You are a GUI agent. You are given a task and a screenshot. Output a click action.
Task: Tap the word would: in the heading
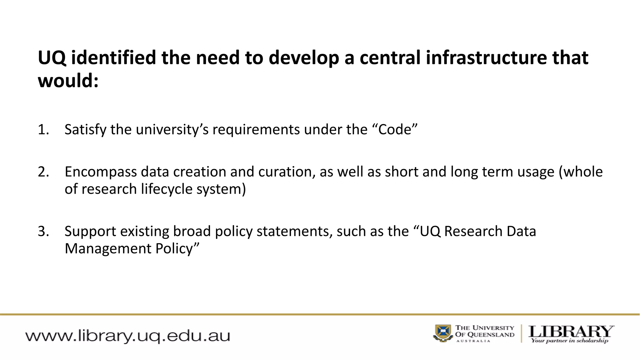point(68,81)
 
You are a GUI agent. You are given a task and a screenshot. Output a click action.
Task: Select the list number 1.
point(43,130)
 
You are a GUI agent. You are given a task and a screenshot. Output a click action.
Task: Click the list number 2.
point(43,172)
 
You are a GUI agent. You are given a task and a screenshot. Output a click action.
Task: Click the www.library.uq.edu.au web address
point(127,336)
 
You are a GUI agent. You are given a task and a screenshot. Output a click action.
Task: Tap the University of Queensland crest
point(442,333)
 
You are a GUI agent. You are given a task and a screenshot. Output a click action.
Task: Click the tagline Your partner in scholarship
point(569,341)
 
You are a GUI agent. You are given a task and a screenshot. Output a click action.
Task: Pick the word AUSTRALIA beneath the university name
point(473,341)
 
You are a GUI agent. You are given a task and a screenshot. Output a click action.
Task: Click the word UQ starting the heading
point(52,58)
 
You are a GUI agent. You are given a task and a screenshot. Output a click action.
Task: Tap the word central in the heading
point(390,58)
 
